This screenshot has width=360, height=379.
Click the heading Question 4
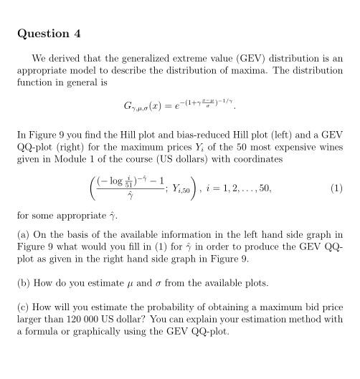[x=49, y=34]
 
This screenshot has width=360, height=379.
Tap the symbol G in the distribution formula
[x=129, y=107]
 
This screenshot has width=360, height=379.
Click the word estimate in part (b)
[x=98, y=283]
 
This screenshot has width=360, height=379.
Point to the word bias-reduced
[x=174, y=135]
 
